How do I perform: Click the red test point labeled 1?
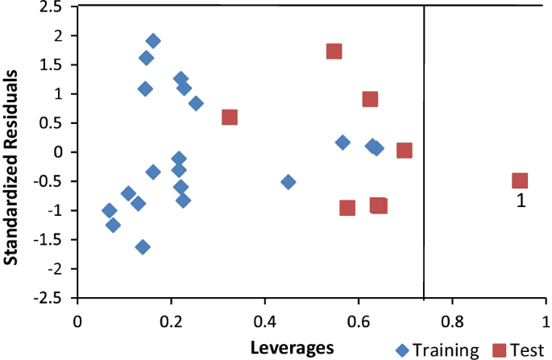pyautogui.click(x=520, y=180)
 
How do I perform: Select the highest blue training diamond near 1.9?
pyautogui.click(x=152, y=41)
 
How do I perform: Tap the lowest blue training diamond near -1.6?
pyautogui.click(x=143, y=246)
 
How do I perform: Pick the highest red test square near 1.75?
pyautogui.click(x=334, y=52)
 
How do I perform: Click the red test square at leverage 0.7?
pyautogui.click(x=405, y=151)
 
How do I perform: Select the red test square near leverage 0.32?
pyautogui.click(x=230, y=118)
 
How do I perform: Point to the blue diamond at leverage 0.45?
pyautogui.click(x=288, y=181)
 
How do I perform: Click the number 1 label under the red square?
pyautogui.click(x=521, y=202)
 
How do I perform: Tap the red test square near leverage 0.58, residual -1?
pyautogui.click(x=347, y=208)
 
